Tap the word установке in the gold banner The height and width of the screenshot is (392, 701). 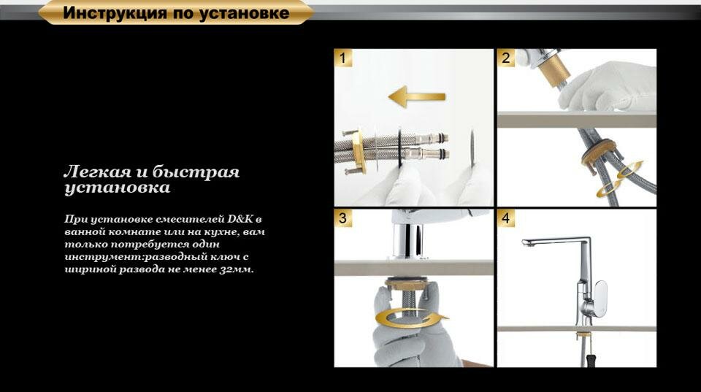[244, 13]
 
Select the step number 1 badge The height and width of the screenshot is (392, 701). [343, 58]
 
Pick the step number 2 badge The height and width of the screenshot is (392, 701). [505, 58]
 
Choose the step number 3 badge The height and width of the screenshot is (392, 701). [343, 218]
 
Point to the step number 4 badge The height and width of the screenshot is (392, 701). [505, 218]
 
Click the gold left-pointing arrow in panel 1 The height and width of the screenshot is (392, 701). [417, 96]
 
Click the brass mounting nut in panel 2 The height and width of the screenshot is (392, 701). [599, 152]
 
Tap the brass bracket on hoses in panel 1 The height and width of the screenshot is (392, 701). [358, 151]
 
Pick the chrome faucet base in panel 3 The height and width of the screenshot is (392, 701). [407, 242]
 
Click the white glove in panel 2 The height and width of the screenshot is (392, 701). [608, 85]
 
